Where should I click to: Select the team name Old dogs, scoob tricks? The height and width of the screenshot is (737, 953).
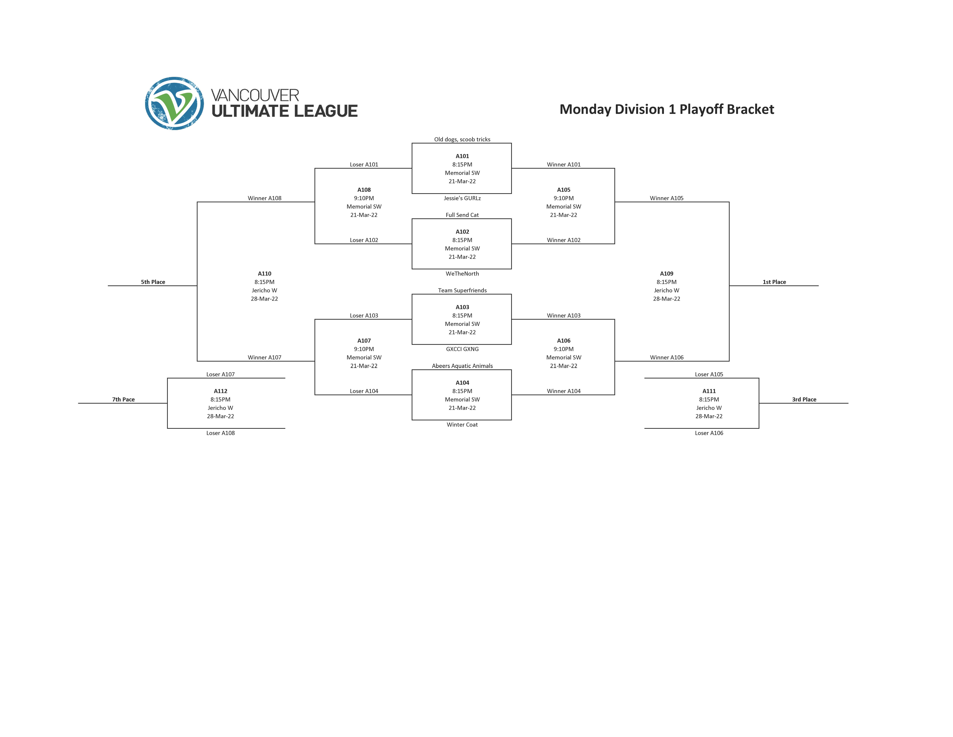(462, 139)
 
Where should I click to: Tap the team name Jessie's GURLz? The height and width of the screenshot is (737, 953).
(462, 198)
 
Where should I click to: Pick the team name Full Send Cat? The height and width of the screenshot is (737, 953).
(462, 215)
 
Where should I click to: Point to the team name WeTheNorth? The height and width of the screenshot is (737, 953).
(462, 274)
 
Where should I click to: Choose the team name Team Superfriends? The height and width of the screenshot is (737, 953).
(462, 290)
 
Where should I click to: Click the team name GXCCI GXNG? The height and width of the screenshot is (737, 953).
(462, 349)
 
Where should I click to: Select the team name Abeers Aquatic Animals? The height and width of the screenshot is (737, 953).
(462, 366)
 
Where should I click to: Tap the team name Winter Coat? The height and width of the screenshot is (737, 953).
(462, 425)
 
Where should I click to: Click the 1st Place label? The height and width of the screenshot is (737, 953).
(774, 282)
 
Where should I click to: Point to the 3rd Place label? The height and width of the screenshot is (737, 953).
(804, 400)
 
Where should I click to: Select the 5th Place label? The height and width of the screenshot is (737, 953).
(153, 282)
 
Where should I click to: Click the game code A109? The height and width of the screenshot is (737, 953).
(666, 274)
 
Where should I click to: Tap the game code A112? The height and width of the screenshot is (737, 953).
(220, 391)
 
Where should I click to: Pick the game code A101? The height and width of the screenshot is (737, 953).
(462, 156)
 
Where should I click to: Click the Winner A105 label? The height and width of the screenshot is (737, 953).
(666, 198)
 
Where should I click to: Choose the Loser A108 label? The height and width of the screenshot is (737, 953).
(220, 433)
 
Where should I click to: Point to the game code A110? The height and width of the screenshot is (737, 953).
(264, 274)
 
